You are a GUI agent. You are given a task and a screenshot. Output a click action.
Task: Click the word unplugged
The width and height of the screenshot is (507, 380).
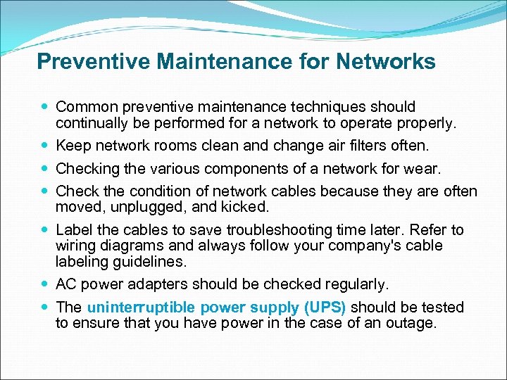point(151,208)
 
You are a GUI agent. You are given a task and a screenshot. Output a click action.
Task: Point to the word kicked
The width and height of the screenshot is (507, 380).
point(245,208)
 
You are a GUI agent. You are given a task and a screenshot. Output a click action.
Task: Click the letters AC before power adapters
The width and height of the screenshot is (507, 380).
point(66,284)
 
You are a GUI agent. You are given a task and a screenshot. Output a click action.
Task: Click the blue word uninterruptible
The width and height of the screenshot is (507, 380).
point(142,308)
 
